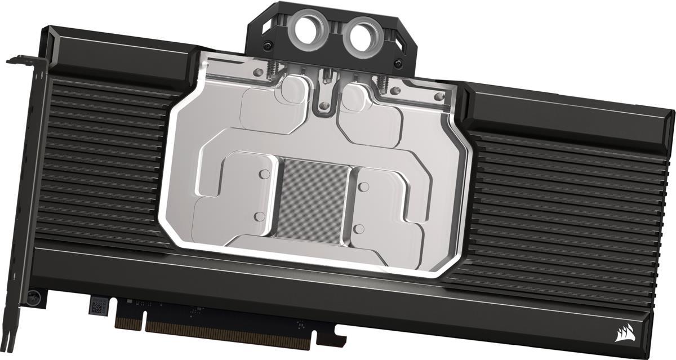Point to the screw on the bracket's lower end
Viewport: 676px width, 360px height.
(x=35, y=295)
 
